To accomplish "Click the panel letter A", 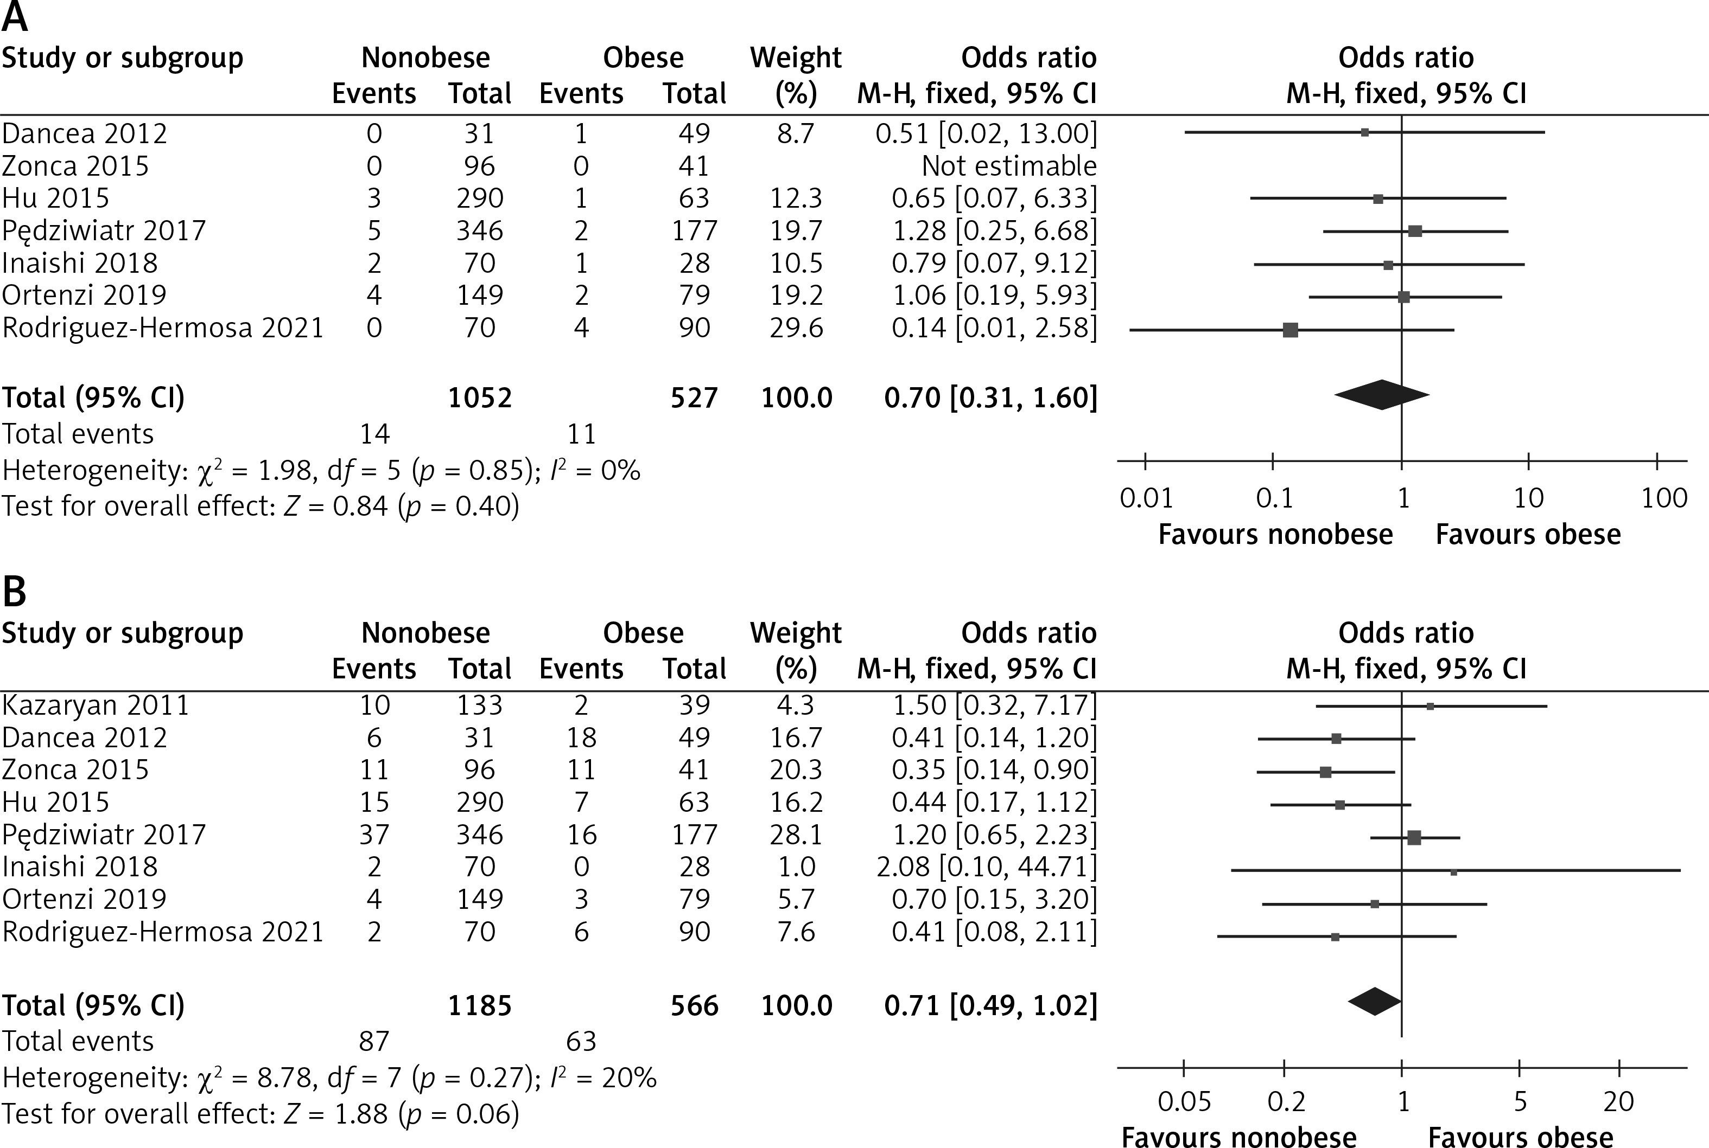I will (15, 17).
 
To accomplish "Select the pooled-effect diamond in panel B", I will (1375, 1002).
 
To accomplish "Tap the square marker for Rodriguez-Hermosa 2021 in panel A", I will (1291, 330).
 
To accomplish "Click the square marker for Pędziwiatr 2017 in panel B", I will (1414, 838).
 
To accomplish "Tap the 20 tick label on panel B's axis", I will (1619, 1102).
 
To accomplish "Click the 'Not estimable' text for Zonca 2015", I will (1009, 166).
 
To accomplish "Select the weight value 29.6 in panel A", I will (796, 328).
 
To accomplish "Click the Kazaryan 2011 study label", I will (95, 705).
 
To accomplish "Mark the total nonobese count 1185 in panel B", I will (480, 1005).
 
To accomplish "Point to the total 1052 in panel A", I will (480, 397).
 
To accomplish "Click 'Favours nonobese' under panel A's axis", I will (1275, 535).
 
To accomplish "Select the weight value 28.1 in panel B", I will (796, 835).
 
